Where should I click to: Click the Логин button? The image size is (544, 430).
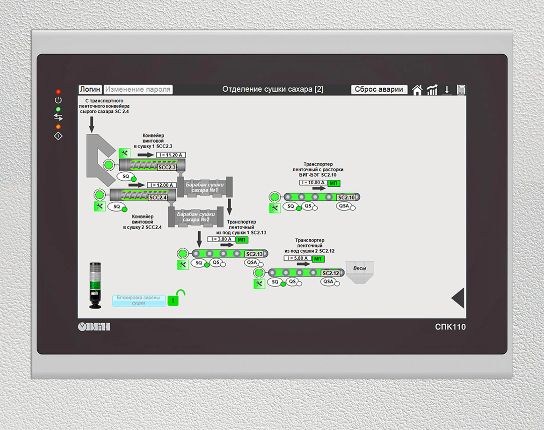point(90,89)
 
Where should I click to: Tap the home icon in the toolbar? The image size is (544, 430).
point(417,90)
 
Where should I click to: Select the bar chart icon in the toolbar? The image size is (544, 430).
point(432,90)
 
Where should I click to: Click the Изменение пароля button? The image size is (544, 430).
point(138,89)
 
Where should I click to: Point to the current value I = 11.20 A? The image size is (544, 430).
point(170,155)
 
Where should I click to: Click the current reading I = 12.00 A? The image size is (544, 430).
point(161,185)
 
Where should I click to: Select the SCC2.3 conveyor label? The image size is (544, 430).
point(167,167)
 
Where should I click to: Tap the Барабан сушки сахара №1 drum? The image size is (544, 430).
point(204,187)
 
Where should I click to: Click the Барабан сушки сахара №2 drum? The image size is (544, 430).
point(196,217)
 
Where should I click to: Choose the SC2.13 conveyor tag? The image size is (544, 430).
point(253,253)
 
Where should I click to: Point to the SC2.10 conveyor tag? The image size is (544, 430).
point(347,197)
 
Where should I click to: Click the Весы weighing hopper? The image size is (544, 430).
point(360,272)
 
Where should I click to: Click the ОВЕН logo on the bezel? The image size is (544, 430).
point(94,327)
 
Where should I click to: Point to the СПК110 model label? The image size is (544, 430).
point(450,327)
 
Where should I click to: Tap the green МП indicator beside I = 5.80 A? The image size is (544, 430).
point(318,259)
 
